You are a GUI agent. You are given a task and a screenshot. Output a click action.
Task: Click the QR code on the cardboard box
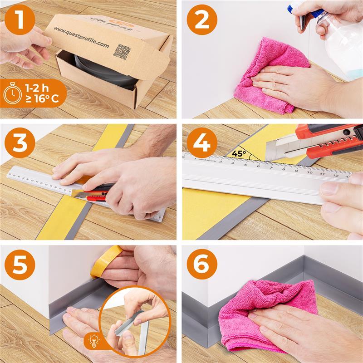click(x=122, y=51)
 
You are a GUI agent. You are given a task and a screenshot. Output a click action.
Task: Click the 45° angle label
click(x=239, y=153)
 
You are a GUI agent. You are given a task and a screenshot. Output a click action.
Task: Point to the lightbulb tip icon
click(x=94, y=341)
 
